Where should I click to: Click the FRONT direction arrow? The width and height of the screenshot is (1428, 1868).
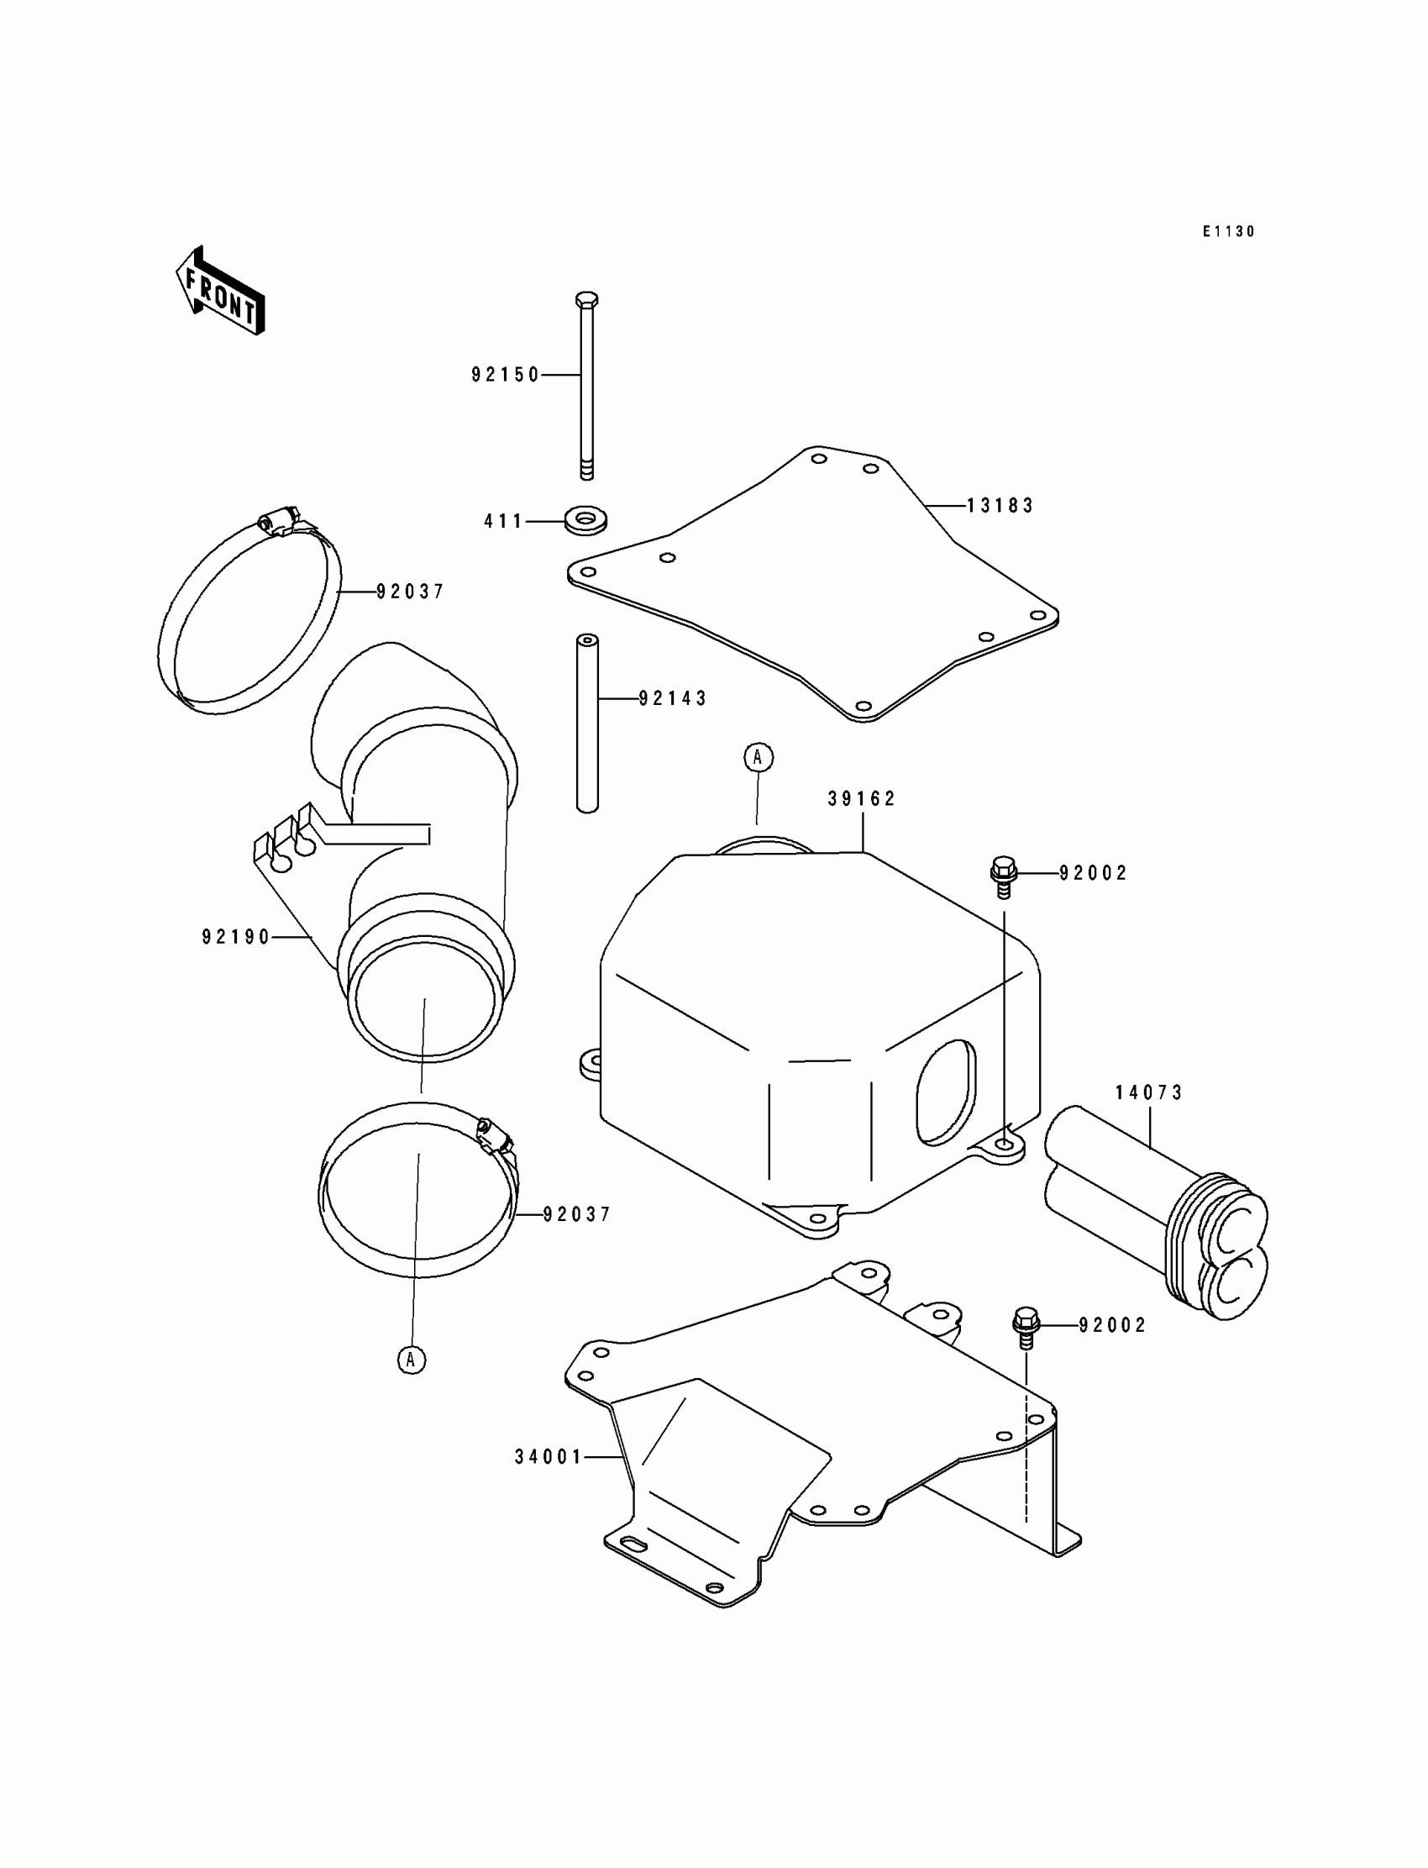[220, 292]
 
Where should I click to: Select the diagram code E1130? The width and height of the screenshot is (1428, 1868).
[1228, 231]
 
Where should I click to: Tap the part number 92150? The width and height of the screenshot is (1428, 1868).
[506, 375]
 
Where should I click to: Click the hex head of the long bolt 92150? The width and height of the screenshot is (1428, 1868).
[586, 300]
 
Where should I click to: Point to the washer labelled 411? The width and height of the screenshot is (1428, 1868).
[585, 518]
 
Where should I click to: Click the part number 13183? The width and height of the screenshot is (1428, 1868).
[1000, 506]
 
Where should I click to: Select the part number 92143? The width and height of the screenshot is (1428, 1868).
[673, 698]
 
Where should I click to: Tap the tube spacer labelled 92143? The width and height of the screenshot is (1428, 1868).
[587, 723]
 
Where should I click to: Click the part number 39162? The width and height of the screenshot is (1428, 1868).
[862, 798]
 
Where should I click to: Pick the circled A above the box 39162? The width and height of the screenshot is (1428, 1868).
[759, 757]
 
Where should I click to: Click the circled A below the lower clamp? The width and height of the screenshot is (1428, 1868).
[412, 1359]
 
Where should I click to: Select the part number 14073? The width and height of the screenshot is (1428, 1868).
[1149, 1092]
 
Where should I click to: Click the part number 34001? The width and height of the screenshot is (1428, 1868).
[549, 1456]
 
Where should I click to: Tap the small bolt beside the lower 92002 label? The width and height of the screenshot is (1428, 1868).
[1026, 1324]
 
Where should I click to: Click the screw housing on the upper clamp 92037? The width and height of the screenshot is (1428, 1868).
[278, 520]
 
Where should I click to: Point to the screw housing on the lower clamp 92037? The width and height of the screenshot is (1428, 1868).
[493, 1135]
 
